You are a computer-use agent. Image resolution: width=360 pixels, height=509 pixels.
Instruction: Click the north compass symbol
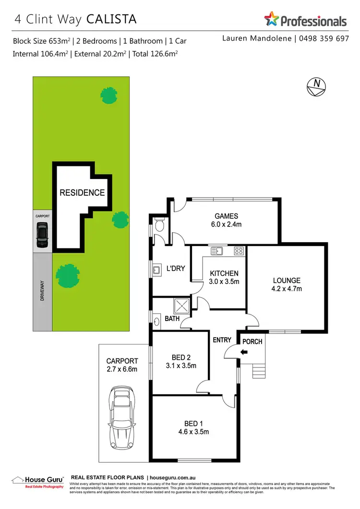click(x=316, y=85)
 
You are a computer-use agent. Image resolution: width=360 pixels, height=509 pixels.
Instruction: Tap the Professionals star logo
click(x=271, y=20)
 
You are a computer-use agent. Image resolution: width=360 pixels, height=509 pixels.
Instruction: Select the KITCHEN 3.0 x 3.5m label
click(x=224, y=277)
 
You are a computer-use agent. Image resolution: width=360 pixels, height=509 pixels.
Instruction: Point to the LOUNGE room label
click(x=287, y=284)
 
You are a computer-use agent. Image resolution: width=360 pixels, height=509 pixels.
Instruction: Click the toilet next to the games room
click(x=160, y=224)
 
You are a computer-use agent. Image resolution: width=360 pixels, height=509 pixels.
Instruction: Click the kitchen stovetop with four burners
click(x=239, y=250)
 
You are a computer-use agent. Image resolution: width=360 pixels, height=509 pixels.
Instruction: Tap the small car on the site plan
click(x=43, y=236)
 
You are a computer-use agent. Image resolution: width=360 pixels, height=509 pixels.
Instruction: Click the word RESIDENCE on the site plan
click(x=82, y=193)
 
